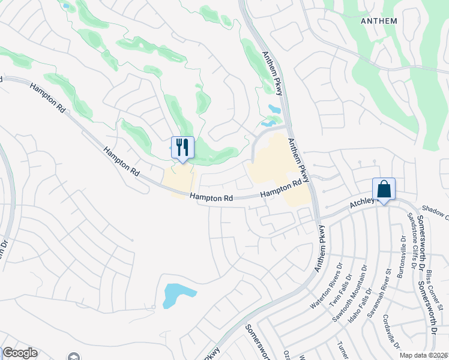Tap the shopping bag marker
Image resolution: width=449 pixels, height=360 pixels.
384,190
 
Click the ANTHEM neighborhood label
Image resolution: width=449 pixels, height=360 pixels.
379,21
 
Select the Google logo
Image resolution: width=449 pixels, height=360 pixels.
20,353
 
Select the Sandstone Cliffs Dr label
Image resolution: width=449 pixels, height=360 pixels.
414,239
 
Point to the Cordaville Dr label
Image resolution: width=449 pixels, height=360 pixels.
393,331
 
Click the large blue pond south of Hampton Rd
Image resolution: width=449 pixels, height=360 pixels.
178,295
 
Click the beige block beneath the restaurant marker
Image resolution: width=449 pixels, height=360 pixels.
179,180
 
